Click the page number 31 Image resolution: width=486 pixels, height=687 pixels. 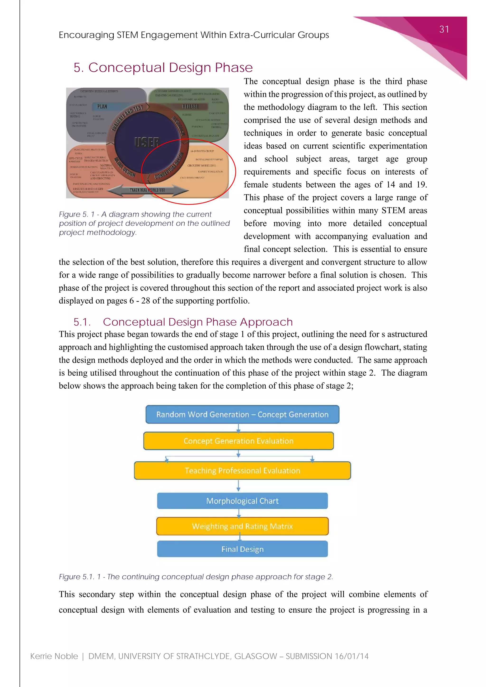pyautogui.click(x=444, y=29)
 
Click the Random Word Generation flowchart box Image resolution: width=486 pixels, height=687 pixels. pyautogui.click(x=242, y=414)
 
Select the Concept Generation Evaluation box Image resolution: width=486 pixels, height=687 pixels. pyautogui.click(x=238, y=441)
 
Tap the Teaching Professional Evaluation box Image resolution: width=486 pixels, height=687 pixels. pyautogui.click(x=242, y=470)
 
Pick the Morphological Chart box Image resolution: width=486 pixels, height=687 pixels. pyautogui.click(x=242, y=501)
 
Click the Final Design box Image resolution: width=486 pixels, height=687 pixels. pyautogui.click(x=242, y=549)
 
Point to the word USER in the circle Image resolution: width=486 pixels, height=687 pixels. pyautogui.click(x=147, y=142)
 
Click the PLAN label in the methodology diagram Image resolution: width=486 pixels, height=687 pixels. pyautogui.click(x=102, y=107)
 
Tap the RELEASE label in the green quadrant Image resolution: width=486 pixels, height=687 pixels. pyautogui.click(x=190, y=107)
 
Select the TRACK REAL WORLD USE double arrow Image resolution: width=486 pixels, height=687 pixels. pyautogui.click(x=147, y=190)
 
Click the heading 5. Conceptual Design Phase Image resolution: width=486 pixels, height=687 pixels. pyautogui.click(x=163, y=67)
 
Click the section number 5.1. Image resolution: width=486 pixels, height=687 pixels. pyautogui.click(x=82, y=322)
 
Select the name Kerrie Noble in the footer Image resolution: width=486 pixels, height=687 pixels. pyautogui.click(x=54, y=656)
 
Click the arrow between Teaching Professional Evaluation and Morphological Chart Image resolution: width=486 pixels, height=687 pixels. pyautogui.click(x=238, y=486)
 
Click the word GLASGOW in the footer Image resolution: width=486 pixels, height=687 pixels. pyautogui.click(x=256, y=656)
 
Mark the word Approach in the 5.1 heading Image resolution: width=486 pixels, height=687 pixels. pyautogui.click(x=266, y=322)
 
